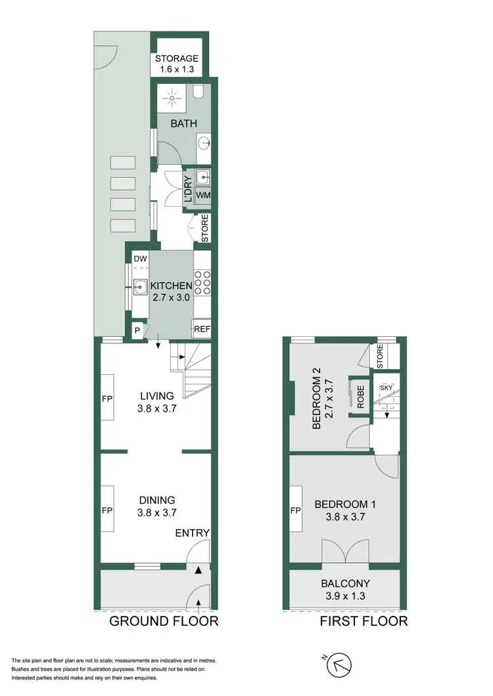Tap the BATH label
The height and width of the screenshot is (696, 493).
pos(180,123)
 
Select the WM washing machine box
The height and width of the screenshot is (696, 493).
pos(203,196)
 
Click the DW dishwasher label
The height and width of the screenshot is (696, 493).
pos(139,260)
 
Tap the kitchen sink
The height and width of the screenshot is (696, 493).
pos(140,286)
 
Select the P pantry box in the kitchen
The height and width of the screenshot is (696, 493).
pos(137,331)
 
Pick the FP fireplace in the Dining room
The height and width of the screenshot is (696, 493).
pos(107,510)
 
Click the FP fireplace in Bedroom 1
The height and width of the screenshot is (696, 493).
pos(296,510)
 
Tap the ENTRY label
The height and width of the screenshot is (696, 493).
pos(193,533)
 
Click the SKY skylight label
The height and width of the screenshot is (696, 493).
pos(386,388)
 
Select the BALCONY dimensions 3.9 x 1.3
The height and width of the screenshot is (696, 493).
pos(345,596)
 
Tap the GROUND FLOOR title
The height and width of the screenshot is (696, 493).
pos(164,621)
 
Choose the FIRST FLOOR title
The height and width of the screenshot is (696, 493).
pos(364,621)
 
